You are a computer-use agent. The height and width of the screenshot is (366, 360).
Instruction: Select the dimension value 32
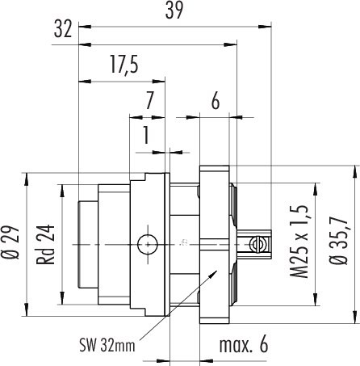click(65, 31)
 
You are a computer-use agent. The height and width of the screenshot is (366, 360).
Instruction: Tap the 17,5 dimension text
click(121, 65)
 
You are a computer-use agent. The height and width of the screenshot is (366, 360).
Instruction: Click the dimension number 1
click(146, 135)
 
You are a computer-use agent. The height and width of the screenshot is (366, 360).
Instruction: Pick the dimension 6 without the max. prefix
click(215, 102)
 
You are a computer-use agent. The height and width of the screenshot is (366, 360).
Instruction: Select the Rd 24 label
click(48, 243)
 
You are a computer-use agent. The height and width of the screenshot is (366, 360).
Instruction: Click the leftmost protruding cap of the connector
click(87, 243)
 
